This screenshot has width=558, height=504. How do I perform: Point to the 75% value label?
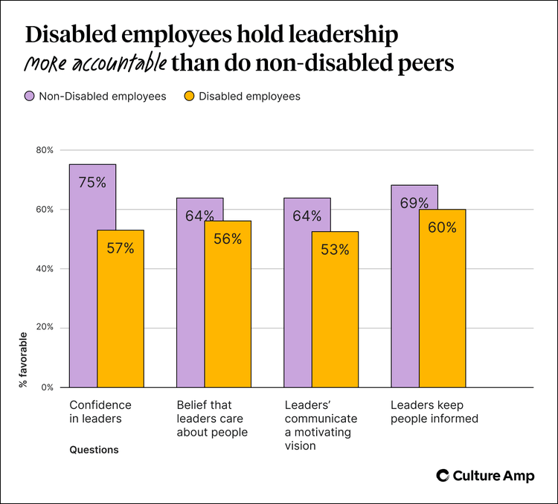tap(92, 182)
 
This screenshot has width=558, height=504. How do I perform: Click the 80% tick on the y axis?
tap(45, 150)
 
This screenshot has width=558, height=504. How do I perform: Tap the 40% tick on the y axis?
tap(45, 268)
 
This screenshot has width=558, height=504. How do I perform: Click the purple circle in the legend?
tap(30, 96)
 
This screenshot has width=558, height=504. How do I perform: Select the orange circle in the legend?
tap(190, 96)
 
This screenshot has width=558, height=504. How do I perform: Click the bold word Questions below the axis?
tap(94, 450)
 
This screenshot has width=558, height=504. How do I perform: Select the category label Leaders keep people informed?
tap(434, 412)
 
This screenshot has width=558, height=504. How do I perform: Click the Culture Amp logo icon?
tap(442, 476)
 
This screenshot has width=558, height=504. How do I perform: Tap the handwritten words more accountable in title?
tap(94, 63)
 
